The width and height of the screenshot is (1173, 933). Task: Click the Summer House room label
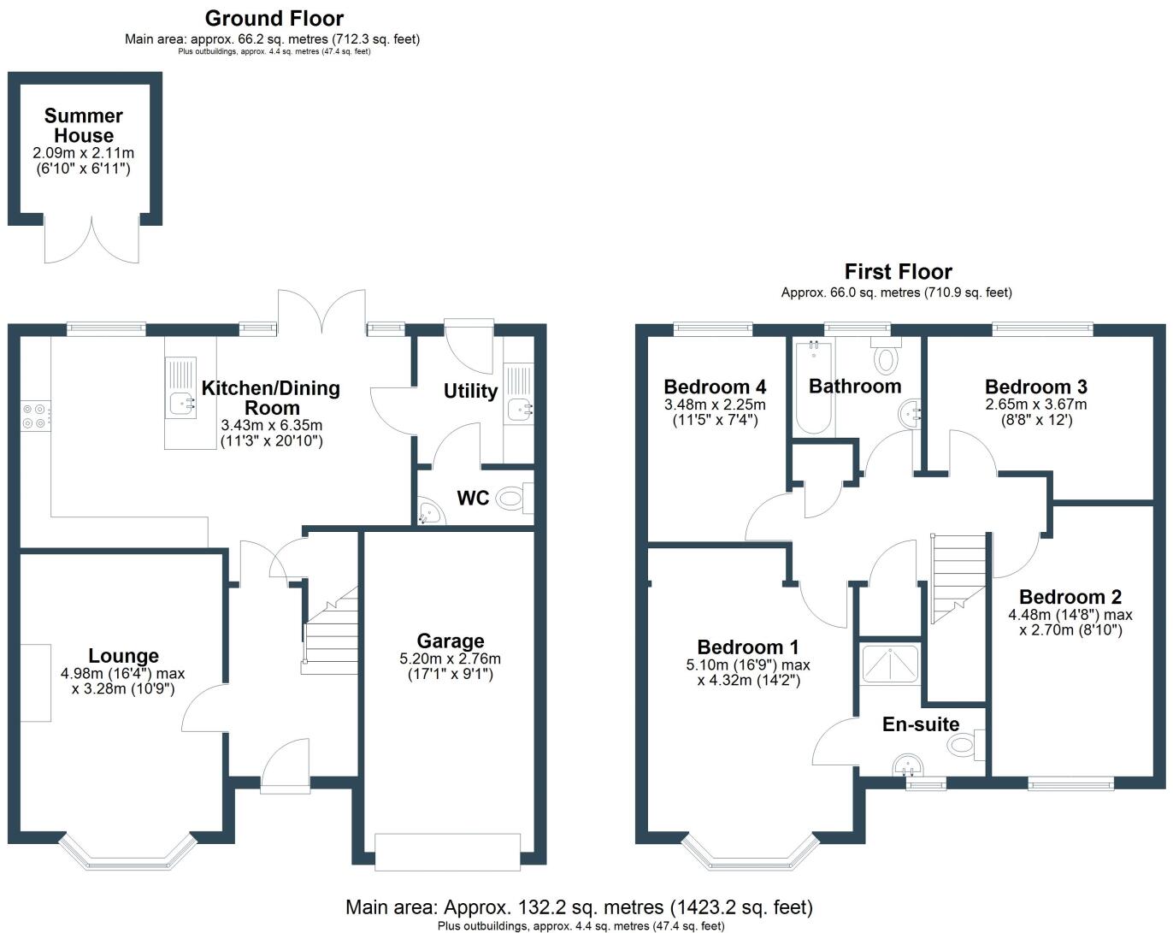84,126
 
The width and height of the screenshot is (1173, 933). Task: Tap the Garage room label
451,641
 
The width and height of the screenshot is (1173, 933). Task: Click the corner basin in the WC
427,511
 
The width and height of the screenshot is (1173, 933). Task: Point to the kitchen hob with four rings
35,416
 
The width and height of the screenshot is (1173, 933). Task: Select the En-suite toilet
966,745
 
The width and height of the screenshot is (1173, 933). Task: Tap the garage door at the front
447,852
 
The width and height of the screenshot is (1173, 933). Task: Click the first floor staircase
958,577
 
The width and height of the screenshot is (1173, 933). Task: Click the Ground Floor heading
274,18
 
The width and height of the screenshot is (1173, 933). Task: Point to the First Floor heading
898,272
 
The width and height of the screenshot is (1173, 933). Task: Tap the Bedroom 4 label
715,387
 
